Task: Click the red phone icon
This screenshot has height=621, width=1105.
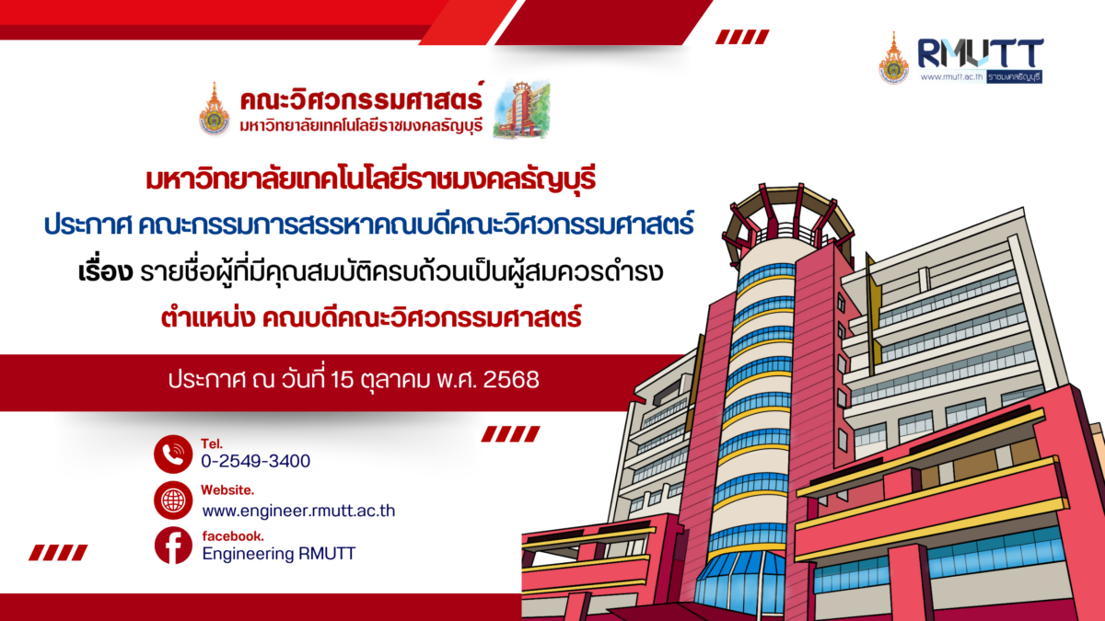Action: pos(172,454)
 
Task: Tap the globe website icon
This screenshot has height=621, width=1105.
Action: pos(172,500)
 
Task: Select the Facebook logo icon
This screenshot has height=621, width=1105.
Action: pos(172,546)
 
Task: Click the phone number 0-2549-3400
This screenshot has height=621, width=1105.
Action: pos(255,461)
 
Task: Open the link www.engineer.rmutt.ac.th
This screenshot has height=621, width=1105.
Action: pos(298,510)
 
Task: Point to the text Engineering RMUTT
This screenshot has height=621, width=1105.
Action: pos(278,553)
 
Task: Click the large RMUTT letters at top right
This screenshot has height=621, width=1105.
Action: pos(980,53)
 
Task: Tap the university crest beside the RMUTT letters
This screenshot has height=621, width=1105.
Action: pos(892,58)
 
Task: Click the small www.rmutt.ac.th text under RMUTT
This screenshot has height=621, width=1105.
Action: pos(951,76)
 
